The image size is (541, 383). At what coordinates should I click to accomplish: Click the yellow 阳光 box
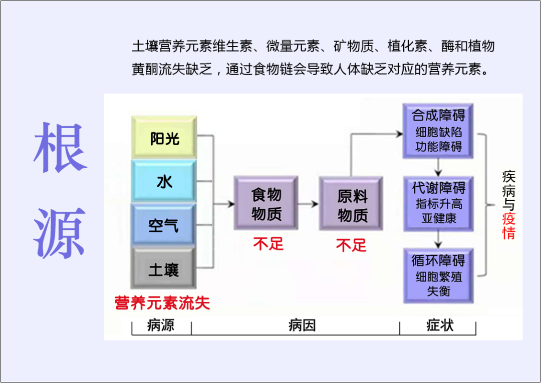[164, 138]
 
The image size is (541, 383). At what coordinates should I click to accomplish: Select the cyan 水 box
[164, 181]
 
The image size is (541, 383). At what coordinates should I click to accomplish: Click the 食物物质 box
[266, 203]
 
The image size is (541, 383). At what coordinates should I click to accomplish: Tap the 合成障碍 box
[438, 131]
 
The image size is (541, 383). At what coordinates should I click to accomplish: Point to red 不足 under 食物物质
[268, 244]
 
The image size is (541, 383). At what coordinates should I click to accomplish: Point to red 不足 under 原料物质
[351, 245]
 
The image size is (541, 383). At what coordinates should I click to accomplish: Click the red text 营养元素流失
[162, 302]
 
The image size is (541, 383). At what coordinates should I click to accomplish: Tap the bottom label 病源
[161, 326]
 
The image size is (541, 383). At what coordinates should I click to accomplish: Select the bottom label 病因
[302, 326]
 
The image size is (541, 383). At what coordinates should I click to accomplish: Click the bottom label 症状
[440, 326]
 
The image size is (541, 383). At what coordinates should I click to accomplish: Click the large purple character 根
[60, 148]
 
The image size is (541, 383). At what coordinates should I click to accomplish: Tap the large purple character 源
[60, 233]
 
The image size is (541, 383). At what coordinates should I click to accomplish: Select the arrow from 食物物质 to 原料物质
[309, 204]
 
